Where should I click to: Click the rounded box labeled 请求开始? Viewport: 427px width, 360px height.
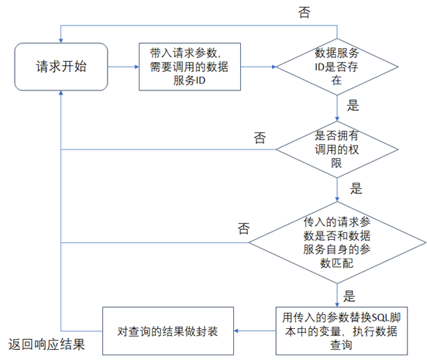tap(61, 67)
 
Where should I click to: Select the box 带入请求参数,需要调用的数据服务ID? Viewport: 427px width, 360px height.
tap(190, 67)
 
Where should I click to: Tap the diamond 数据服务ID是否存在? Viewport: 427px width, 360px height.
tap(337, 67)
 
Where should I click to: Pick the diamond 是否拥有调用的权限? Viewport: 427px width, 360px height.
tap(337, 149)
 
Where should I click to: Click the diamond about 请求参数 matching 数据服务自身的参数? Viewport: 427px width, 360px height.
tap(337, 243)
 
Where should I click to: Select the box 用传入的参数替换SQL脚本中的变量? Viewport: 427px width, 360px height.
tap(342, 331)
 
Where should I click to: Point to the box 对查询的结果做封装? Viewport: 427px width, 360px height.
tap(168, 331)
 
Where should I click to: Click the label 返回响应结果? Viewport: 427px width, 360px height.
tap(46, 345)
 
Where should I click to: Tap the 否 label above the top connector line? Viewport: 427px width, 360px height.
tap(305, 12)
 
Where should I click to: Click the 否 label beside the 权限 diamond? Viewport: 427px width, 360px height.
tap(260, 138)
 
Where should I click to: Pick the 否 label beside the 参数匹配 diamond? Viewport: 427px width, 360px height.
tap(244, 228)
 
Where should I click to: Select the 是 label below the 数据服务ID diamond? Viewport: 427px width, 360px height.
tap(353, 105)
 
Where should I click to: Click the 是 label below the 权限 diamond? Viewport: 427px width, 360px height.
tap(356, 188)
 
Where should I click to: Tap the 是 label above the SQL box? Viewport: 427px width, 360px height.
tap(349, 296)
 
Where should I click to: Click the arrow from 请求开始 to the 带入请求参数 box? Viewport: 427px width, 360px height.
tap(123, 67)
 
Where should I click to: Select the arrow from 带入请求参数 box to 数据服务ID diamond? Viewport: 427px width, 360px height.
tap(258, 67)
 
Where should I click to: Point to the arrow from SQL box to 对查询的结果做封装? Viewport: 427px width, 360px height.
tap(255, 331)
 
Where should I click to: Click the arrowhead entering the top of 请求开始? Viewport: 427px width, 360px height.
tap(61, 41)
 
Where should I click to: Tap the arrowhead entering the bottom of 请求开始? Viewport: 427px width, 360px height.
tap(61, 93)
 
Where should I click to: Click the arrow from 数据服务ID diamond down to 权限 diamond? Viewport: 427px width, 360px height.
tap(337, 108)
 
